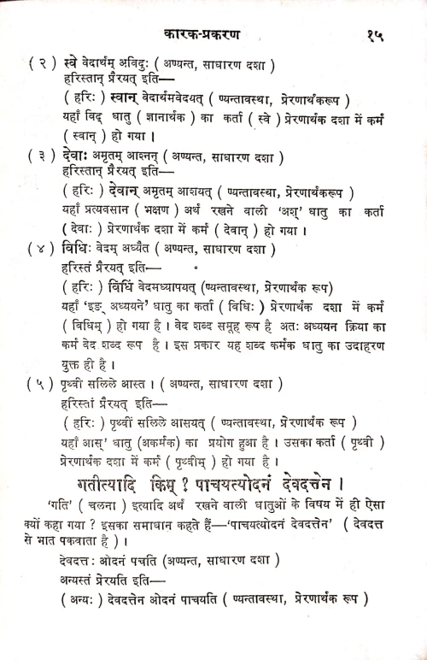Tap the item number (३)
click(43, 156)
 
